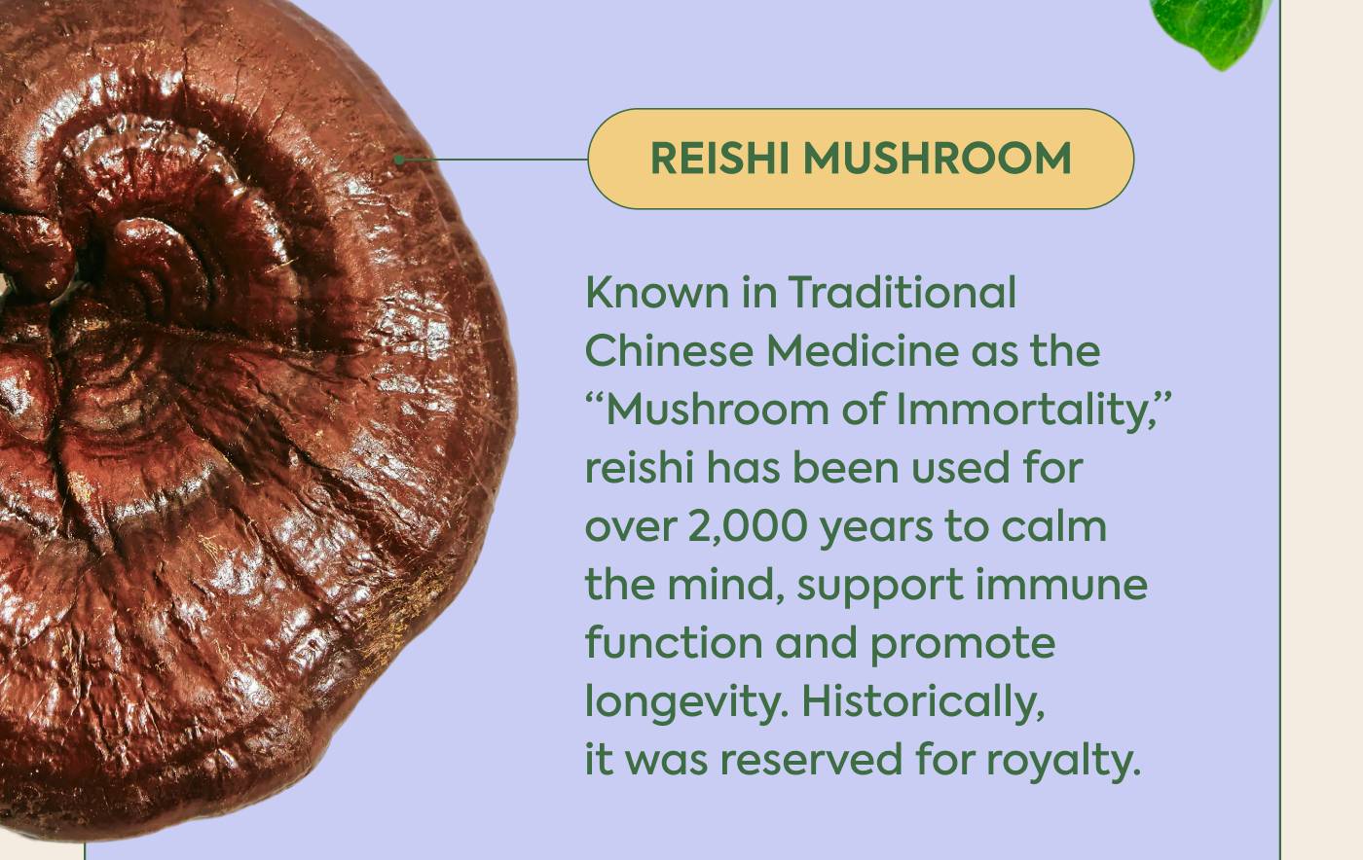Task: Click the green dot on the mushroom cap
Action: pyautogui.click(x=399, y=160)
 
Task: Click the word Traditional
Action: pyautogui.click(x=902, y=293)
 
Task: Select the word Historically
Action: pyautogui.click(x=923, y=701)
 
